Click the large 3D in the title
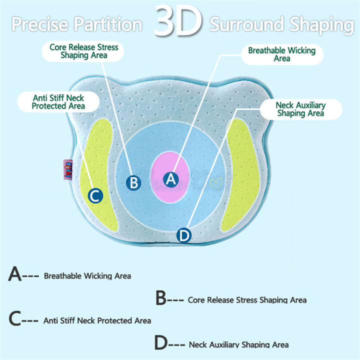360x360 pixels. [x=178, y=20]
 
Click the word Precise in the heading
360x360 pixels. [x=40, y=24]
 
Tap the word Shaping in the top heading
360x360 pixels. [x=322, y=25]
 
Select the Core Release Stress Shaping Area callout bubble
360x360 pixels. [x=82, y=51]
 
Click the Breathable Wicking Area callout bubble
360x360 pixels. [x=282, y=54]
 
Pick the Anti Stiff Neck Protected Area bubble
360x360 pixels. [x=58, y=102]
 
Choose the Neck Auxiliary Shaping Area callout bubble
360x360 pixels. [x=301, y=109]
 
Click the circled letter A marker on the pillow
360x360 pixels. [x=171, y=179]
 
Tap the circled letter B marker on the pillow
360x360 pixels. [x=133, y=183]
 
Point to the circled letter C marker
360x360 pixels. [x=95, y=195]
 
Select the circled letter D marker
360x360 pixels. [x=184, y=235]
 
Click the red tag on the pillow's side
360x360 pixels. [x=68, y=169]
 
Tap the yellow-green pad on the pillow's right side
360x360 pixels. [x=240, y=174]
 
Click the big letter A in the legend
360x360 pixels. [x=14, y=273]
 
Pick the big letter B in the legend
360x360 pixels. [x=161, y=298]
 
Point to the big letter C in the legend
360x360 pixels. [x=15, y=318]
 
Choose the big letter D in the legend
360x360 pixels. [x=161, y=342]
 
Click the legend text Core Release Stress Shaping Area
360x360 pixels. [x=247, y=300]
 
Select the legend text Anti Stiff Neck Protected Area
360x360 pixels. [x=97, y=320]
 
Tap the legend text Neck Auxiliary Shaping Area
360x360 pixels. [x=239, y=344]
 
